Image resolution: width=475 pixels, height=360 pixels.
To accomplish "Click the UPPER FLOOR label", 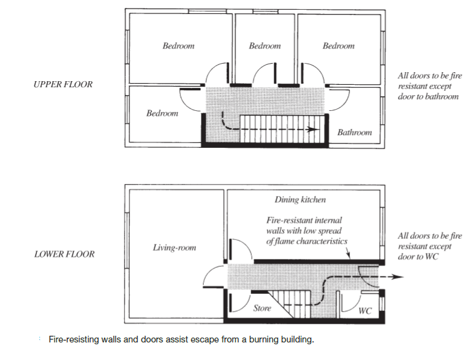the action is [63, 84].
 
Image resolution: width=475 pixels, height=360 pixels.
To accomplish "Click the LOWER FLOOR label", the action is [64, 254].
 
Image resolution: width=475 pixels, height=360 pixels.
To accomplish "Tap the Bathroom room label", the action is [354, 132].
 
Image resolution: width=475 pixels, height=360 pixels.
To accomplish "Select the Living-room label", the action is [174, 247].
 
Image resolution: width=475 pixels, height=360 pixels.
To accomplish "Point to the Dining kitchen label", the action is [300, 199].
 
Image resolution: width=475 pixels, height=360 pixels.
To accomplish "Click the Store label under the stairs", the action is [262, 308].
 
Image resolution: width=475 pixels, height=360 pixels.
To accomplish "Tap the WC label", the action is [365, 312].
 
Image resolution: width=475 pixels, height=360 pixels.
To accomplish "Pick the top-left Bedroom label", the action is [178, 46].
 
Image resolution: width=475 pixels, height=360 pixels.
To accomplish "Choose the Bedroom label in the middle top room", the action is [264, 46].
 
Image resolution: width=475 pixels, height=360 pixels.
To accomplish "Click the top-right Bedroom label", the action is [339, 46].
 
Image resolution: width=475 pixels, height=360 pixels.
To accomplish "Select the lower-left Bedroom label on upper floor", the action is [162, 113].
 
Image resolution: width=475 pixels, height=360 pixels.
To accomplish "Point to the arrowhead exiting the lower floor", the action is [399, 277].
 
